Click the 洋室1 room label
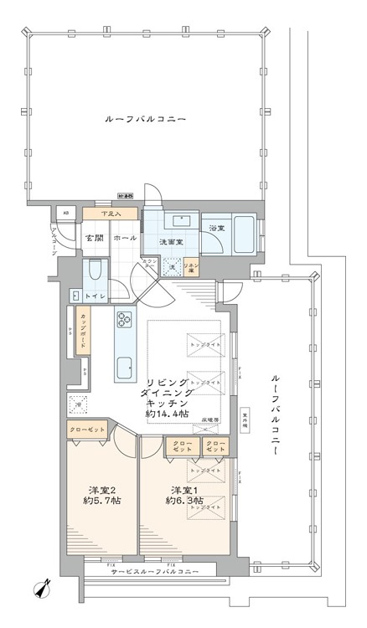184,489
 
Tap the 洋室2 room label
101,489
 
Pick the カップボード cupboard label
85,328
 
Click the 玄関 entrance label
92,238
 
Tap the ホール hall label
124,238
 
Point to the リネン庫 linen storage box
192,267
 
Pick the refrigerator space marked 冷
79,403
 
